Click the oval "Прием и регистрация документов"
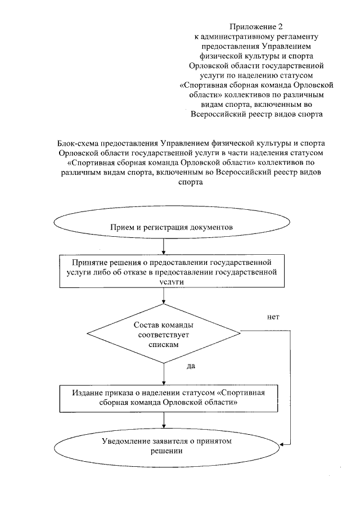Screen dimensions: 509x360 [163, 227]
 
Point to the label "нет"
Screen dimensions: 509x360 [273, 317]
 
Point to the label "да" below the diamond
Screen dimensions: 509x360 [190, 366]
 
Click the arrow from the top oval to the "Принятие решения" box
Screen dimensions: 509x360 [163, 247]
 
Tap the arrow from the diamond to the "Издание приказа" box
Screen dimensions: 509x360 [163, 373]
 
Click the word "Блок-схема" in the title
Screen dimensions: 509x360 [78, 143]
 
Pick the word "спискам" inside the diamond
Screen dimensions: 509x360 [164, 345]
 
